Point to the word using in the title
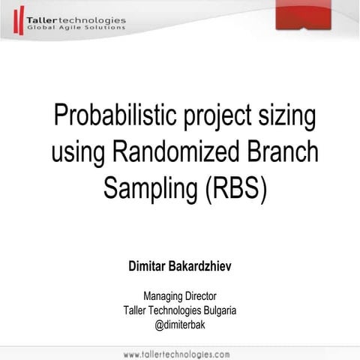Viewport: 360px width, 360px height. point(79,153)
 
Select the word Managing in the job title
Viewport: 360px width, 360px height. point(163,296)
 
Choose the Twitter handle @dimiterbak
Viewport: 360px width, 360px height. point(180,325)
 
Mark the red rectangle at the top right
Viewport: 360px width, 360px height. point(303,14)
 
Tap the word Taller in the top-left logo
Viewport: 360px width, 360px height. point(39,19)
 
